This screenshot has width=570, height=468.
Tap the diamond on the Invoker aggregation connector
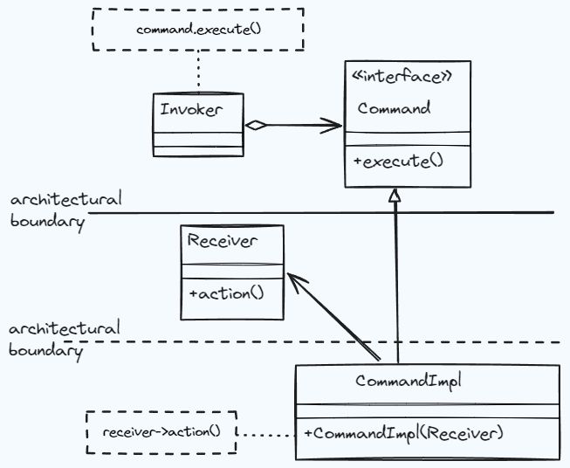[x=255, y=126]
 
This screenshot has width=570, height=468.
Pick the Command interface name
[x=394, y=109]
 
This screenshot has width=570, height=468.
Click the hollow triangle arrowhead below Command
[x=395, y=196]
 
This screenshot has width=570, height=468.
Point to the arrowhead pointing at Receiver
[x=297, y=281]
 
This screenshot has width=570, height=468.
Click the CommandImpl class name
[x=408, y=382]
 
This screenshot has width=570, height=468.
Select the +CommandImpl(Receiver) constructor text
[x=404, y=432]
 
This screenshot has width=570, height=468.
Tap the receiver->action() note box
[x=161, y=432]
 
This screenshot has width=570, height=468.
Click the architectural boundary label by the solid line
[x=65, y=210]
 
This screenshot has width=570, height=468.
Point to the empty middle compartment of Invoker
[x=197, y=138]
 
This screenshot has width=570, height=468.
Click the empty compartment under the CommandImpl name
[x=426, y=410]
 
